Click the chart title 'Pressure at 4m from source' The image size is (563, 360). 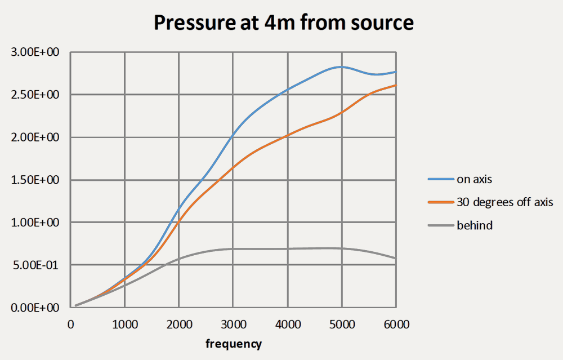click(284, 23)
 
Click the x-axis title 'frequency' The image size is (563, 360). click(233, 343)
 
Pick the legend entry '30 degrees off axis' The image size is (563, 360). click(505, 202)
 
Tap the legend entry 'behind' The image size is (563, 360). click(474, 225)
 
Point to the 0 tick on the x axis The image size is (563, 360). click(70, 325)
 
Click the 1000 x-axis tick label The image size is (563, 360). click(124, 325)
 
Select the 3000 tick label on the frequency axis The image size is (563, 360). click(233, 325)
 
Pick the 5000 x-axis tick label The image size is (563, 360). click(342, 325)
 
